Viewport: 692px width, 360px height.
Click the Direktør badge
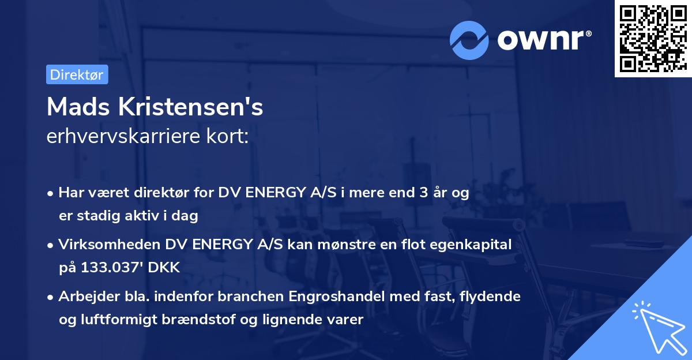pyautogui.click(x=77, y=74)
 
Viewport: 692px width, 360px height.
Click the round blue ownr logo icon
pyautogui.click(x=469, y=40)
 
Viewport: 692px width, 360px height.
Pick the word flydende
pyautogui.click(x=492, y=297)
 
